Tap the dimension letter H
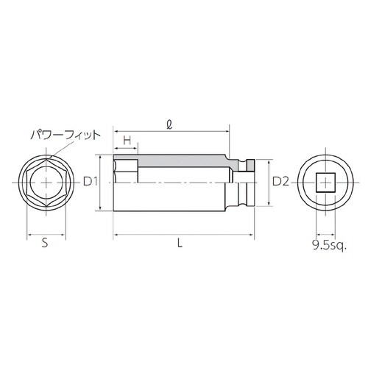click(x=127, y=140)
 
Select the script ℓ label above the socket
click(x=170, y=126)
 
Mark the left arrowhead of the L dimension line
click(x=116, y=236)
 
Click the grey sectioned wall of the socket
click(x=184, y=160)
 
